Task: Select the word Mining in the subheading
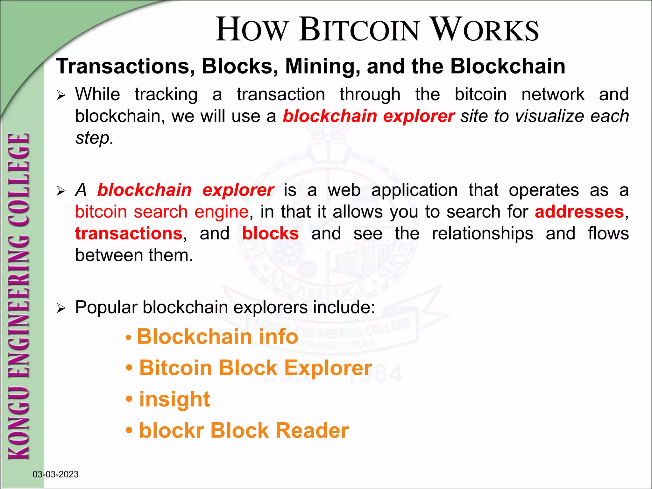322,66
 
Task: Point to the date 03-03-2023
55,474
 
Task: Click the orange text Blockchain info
217,337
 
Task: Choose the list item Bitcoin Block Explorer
255,368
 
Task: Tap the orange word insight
174,399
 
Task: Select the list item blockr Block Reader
244,430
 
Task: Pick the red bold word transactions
129,234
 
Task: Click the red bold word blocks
270,234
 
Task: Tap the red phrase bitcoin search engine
162,212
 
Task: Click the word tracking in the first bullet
166,95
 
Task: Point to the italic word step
94,138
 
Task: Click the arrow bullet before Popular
61,308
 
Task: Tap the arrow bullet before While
61,95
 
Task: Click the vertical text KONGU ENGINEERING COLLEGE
19,296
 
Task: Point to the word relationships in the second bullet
482,234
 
